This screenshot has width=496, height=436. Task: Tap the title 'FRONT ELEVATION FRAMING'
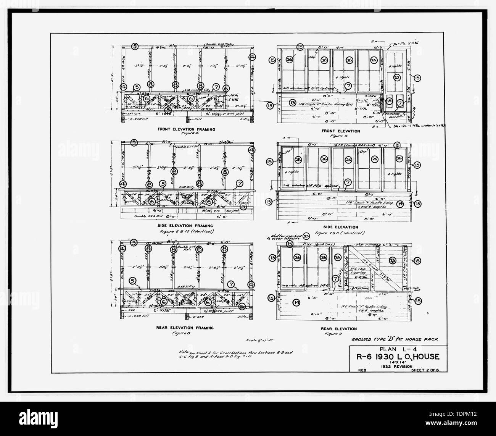pos(186,129)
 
